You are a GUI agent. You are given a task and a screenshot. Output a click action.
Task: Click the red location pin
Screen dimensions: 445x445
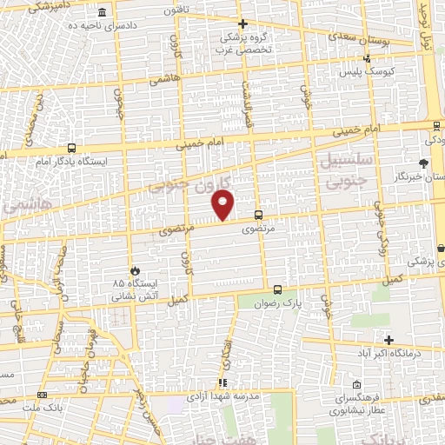click(223, 205)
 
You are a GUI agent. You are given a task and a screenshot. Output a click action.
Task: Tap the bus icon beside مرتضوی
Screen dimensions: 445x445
click(257, 215)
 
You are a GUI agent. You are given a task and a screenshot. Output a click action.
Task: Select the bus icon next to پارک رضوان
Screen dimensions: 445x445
click(277, 289)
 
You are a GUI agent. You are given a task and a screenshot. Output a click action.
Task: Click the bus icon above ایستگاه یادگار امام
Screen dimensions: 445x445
click(70, 148)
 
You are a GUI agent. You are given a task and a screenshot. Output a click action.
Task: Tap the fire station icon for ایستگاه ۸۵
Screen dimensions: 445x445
click(134, 269)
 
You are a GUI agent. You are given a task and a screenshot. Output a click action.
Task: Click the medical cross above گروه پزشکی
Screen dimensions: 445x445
click(242, 24)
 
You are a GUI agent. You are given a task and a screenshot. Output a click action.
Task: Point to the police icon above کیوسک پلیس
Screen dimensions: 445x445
click(369, 59)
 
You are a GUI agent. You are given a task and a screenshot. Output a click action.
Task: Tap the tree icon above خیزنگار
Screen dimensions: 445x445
click(423, 163)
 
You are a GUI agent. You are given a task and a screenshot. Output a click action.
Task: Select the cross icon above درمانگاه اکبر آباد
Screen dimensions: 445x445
click(389, 340)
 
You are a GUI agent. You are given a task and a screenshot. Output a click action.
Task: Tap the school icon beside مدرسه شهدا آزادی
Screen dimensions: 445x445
click(223, 382)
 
